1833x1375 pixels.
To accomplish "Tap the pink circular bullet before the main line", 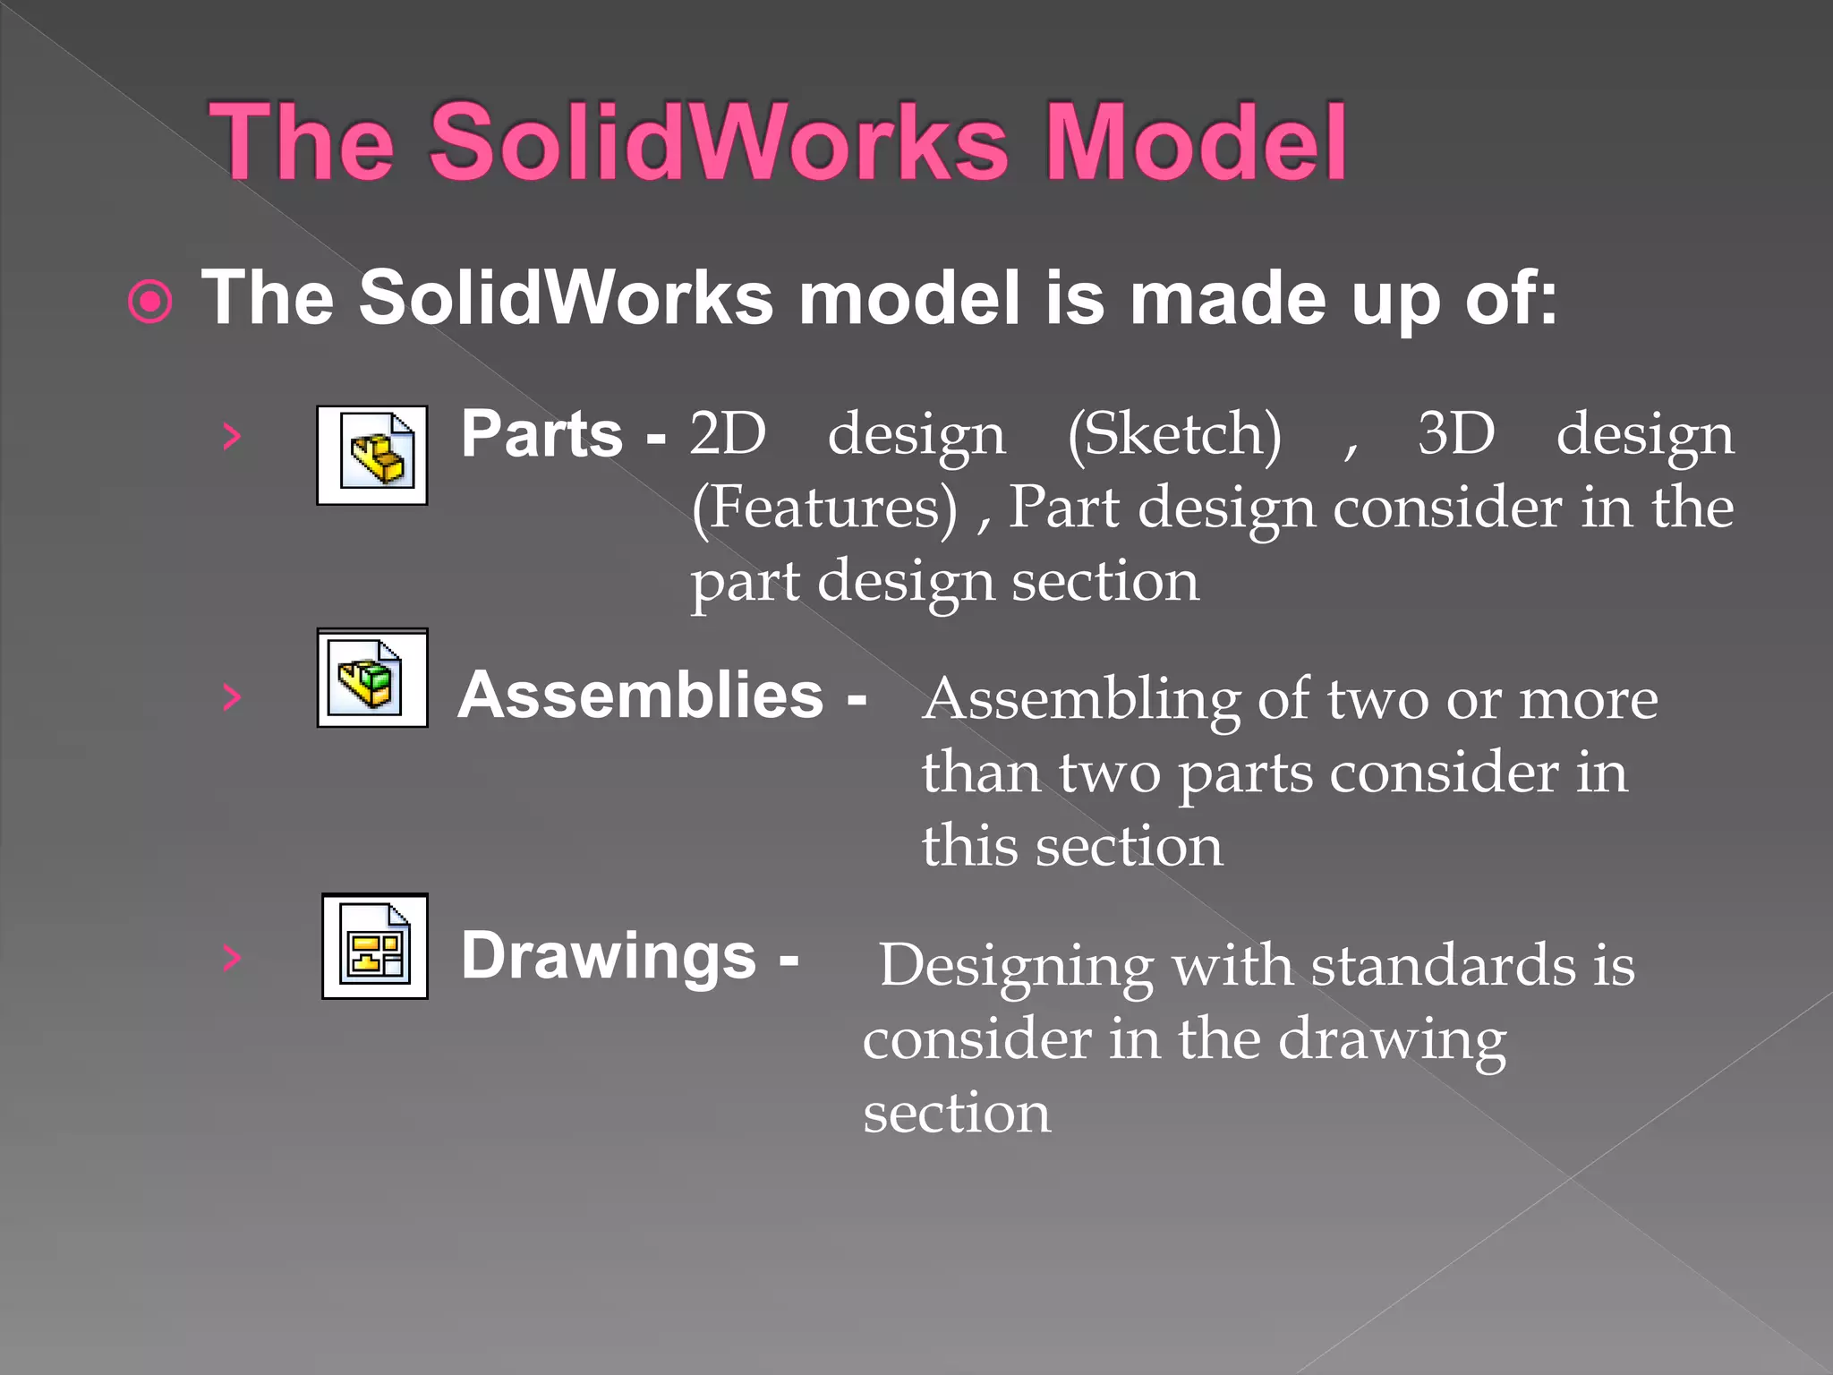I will click(x=150, y=302).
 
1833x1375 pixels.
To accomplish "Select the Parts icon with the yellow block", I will click(x=372, y=455).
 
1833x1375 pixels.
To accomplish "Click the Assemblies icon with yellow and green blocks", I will click(x=372, y=678).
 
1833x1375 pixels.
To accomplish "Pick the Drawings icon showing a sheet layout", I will click(x=375, y=946).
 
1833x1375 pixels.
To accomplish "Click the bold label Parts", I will click(x=541, y=434).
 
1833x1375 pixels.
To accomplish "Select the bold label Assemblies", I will click(x=641, y=696).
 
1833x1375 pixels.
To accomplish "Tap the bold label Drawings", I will click(x=609, y=956).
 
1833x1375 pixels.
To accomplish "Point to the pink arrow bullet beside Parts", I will click(x=232, y=437).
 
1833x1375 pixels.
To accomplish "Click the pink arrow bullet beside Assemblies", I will click(x=232, y=696).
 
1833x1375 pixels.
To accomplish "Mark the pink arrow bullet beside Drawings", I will click(x=232, y=957).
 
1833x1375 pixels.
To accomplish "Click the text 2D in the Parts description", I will click(x=728, y=434).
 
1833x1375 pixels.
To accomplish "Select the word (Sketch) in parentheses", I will click(x=1174, y=436).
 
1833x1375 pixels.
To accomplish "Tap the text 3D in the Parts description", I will click(x=1456, y=434).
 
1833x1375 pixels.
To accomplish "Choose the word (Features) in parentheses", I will click(x=824, y=508).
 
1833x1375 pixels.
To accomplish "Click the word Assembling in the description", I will click(x=1081, y=700).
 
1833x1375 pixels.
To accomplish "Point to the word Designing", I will click(x=1016, y=967).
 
